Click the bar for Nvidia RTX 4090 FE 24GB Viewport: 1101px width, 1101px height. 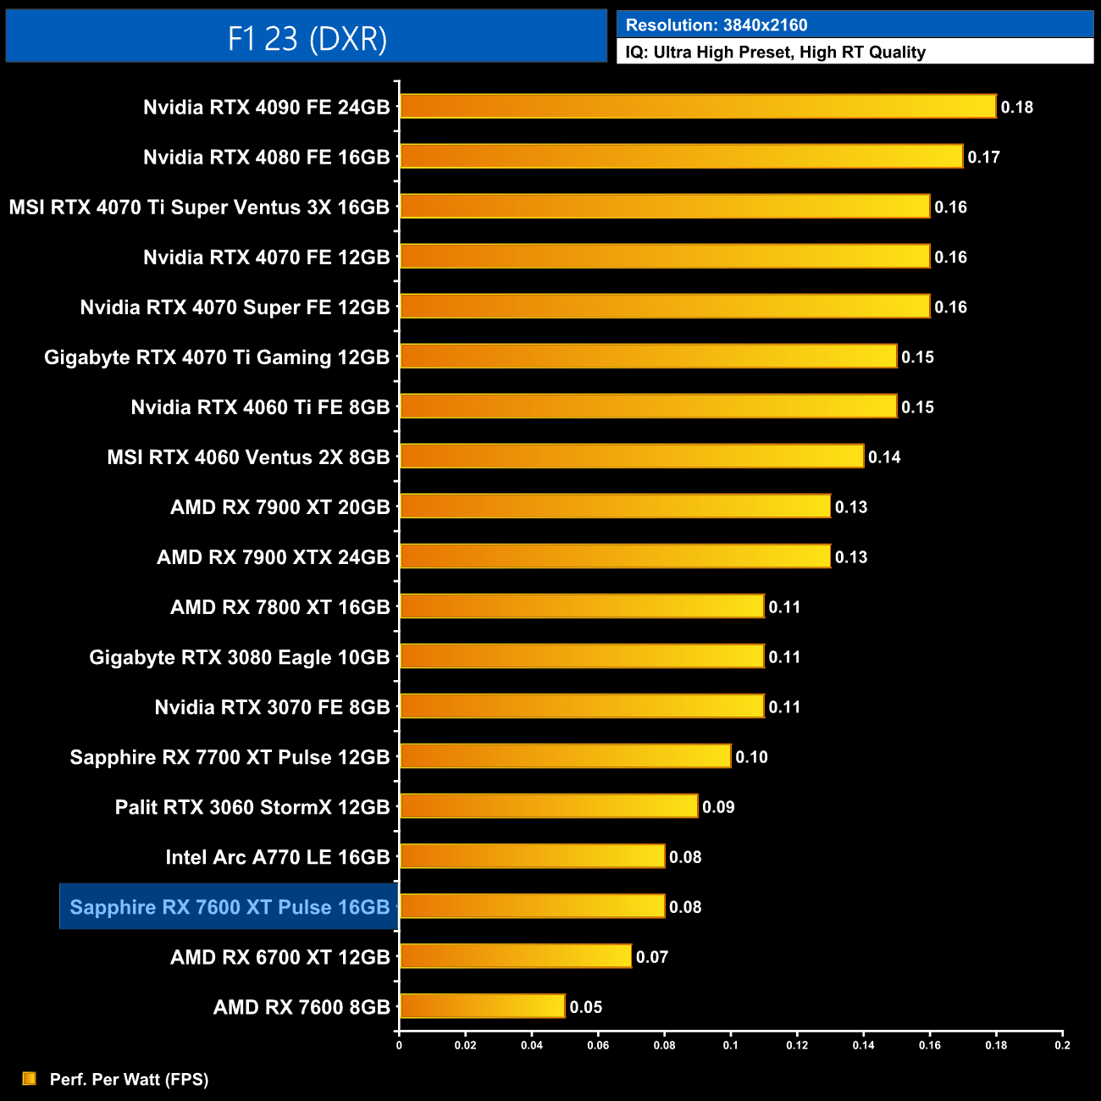pyautogui.click(x=698, y=107)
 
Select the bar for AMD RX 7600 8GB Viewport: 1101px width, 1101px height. pyautogui.click(x=482, y=1006)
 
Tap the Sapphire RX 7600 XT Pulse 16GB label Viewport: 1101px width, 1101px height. pyautogui.click(x=230, y=907)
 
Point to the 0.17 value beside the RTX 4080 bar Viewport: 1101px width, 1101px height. pyautogui.click(x=983, y=158)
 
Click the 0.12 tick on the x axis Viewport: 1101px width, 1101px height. pyautogui.click(x=797, y=1045)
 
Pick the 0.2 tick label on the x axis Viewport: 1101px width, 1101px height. pyautogui.click(x=1062, y=1045)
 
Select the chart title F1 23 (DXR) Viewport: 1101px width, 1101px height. pyautogui.click(x=307, y=38)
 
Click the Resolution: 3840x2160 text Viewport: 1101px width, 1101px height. pyautogui.click(x=716, y=25)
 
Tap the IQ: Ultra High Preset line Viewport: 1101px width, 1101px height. pyautogui.click(x=775, y=53)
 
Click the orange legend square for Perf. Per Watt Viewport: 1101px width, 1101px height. pyautogui.click(x=30, y=1078)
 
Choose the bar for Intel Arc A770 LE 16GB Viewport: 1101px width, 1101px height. pyautogui.click(x=532, y=856)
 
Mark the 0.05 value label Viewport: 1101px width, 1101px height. pyautogui.click(x=585, y=1007)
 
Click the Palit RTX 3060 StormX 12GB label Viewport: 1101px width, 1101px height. pyautogui.click(x=252, y=807)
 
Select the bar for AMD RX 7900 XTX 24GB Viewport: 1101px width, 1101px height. pyautogui.click(x=615, y=556)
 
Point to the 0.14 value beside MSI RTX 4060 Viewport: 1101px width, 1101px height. pyautogui.click(x=884, y=457)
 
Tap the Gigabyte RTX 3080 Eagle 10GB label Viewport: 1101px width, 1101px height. pyautogui.click(x=240, y=657)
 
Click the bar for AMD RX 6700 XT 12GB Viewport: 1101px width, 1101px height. pyautogui.click(x=515, y=956)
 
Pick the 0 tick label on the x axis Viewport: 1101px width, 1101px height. pyautogui.click(x=399, y=1045)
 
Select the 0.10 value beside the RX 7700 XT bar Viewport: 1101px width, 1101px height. pyautogui.click(x=751, y=757)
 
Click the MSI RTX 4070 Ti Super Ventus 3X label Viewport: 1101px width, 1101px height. pyautogui.click(x=199, y=207)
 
